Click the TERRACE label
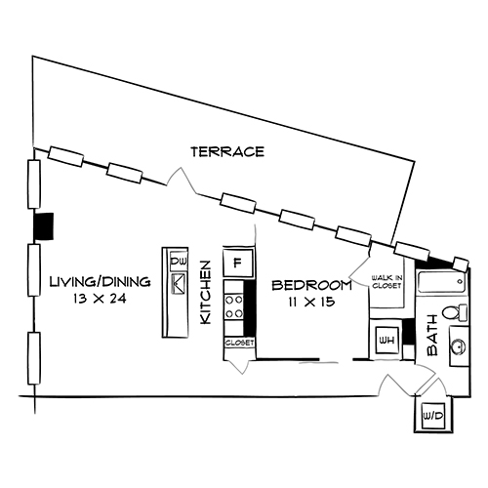227,151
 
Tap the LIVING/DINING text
100,282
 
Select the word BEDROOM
311,285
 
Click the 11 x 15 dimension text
311,303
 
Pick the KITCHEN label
206,292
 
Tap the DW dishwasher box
179,263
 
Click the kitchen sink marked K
179,284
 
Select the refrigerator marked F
237,264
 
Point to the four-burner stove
235,306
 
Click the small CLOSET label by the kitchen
239,345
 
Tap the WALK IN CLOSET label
386,283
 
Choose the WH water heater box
386,341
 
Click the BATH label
432,332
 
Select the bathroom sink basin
457,345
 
